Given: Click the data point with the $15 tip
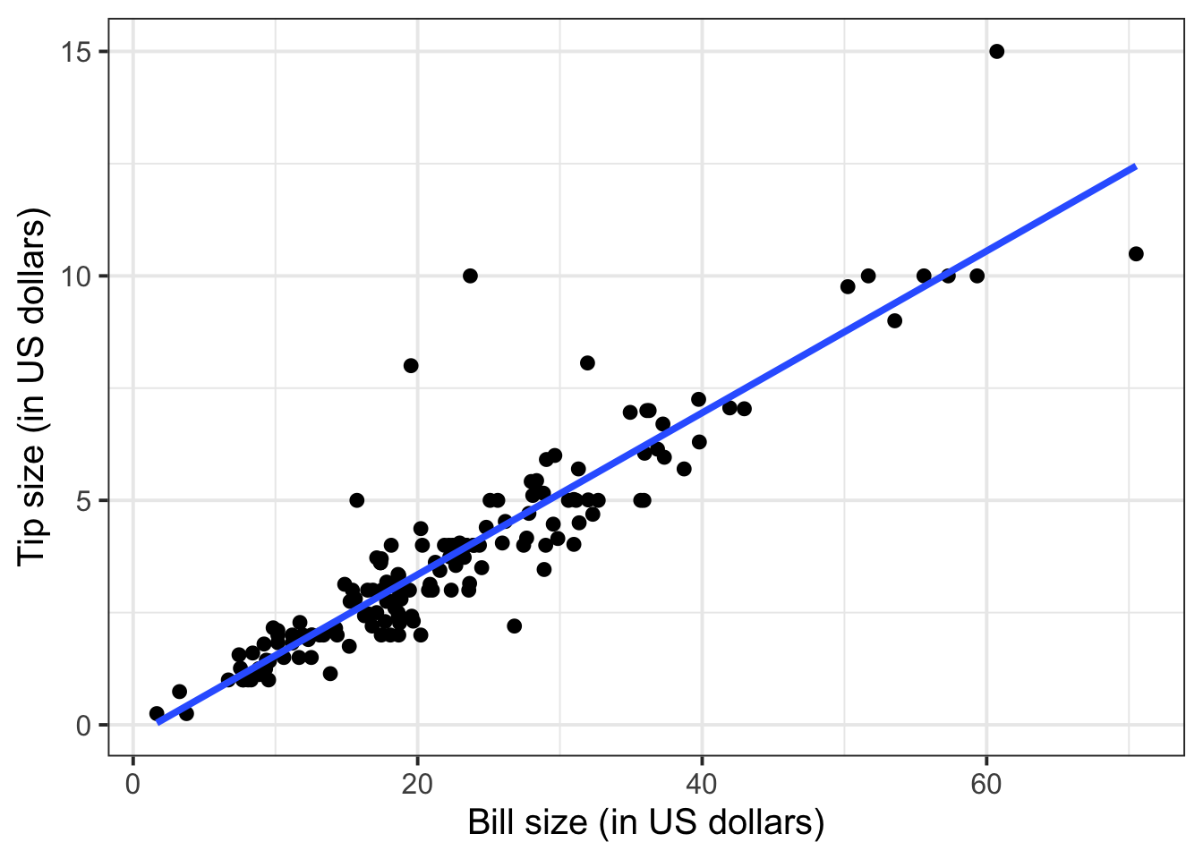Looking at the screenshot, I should pyautogui.click(x=996, y=51).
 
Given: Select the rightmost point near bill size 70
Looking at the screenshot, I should pyautogui.click(x=1136, y=253).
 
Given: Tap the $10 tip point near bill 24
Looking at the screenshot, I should pyautogui.click(x=470, y=276).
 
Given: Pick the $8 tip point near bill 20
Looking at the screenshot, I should pyautogui.click(x=411, y=365).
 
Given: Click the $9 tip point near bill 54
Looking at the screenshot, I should pyautogui.click(x=894, y=320).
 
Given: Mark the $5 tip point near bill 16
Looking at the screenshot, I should pyautogui.click(x=357, y=500).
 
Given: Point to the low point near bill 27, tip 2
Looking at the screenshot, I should pyautogui.click(x=514, y=625).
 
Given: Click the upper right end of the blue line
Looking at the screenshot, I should pyautogui.click(x=1135, y=166).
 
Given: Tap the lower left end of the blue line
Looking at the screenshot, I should pyautogui.click(x=158, y=723).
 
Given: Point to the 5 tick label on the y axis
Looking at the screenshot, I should pyautogui.click(x=83, y=500).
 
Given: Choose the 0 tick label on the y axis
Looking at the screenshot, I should pyautogui.click(x=83, y=725).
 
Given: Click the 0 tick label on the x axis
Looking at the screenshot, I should pyautogui.click(x=133, y=784).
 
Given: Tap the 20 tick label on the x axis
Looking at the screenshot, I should pyautogui.click(x=417, y=784).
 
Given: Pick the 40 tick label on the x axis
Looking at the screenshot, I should pyautogui.click(x=702, y=784).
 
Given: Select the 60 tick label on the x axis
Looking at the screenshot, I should pyautogui.click(x=985, y=784).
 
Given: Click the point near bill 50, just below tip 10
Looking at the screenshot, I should pyautogui.click(x=848, y=286).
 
